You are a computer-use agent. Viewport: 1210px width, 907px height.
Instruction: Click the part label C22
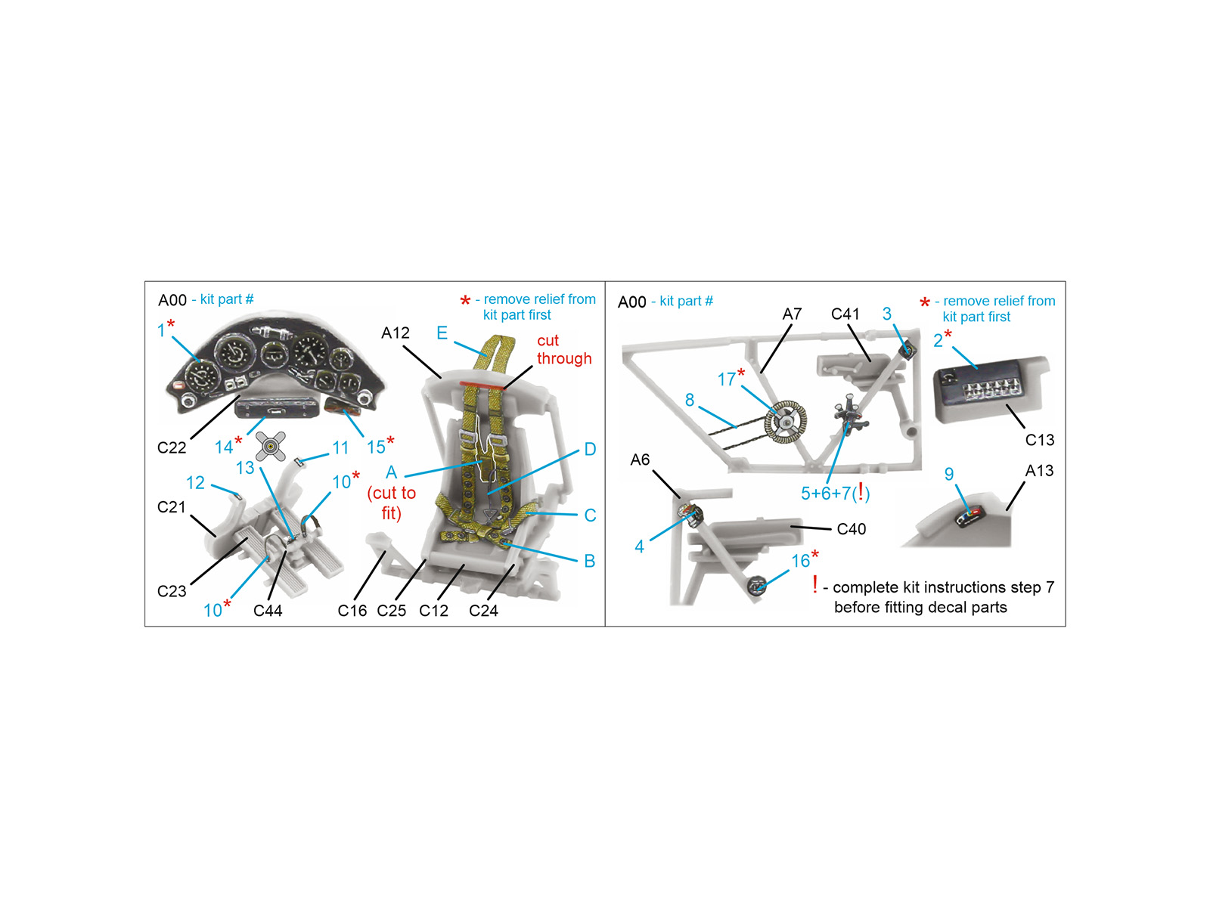pyautogui.click(x=172, y=447)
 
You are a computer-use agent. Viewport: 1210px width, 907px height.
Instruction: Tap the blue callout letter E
pyautogui.click(x=442, y=333)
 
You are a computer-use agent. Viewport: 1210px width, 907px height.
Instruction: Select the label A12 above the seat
pyautogui.click(x=396, y=333)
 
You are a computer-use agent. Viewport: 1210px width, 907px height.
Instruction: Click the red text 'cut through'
pyautogui.click(x=564, y=349)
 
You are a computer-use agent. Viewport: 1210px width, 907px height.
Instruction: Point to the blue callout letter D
pyautogui.click(x=590, y=450)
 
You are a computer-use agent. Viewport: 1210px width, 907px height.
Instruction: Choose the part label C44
pyautogui.click(x=268, y=610)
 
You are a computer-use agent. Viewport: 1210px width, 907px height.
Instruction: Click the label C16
pyautogui.click(x=352, y=610)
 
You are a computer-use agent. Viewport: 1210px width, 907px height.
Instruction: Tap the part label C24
pyautogui.click(x=483, y=610)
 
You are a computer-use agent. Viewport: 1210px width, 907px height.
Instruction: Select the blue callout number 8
pyautogui.click(x=689, y=400)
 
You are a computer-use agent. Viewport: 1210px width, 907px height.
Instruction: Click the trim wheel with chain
pyautogui.click(x=785, y=422)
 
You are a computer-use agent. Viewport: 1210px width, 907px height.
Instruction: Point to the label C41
pyautogui.click(x=845, y=314)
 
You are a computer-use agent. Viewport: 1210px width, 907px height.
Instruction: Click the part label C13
pyautogui.click(x=1039, y=440)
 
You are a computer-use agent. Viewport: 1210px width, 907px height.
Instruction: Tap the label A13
pyautogui.click(x=1039, y=471)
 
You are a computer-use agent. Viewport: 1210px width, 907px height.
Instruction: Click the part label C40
pyautogui.click(x=851, y=528)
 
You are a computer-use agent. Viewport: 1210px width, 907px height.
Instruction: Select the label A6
pyautogui.click(x=640, y=460)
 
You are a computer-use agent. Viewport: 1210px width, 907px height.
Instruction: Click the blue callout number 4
pyautogui.click(x=639, y=546)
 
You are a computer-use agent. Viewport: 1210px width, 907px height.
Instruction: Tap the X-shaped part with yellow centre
pyautogui.click(x=271, y=446)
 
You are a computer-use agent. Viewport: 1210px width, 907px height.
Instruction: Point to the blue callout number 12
pyautogui.click(x=195, y=483)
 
